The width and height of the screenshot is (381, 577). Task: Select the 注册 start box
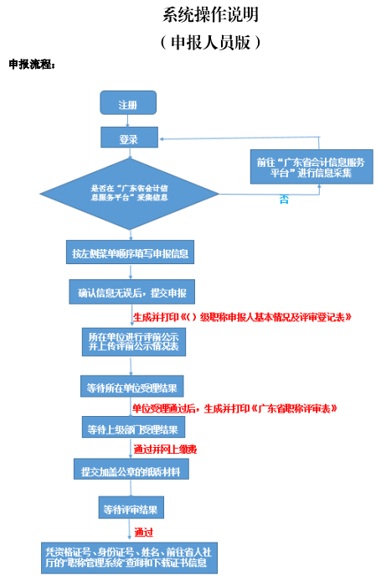[x=128, y=104]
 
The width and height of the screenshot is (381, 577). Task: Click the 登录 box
[x=128, y=139]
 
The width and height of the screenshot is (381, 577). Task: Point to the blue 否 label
[x=284, y=200]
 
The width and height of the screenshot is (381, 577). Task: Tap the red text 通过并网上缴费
[x=165, y=450]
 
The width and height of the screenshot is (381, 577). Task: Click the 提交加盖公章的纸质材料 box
[x=131, y=470]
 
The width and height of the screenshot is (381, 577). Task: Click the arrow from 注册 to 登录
[x=128, y=122]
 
